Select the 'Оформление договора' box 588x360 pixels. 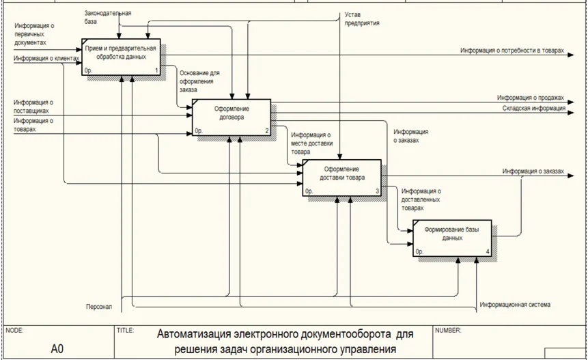tap(232, 116)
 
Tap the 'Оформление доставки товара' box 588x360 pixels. tap(343, 177)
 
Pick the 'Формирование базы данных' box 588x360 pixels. tap(451, 238)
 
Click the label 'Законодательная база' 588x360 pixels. tap(108, 17)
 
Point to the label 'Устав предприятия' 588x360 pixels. tap(361, 18)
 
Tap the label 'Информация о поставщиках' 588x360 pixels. tap(34, 107)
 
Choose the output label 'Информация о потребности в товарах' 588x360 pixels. tap(513, 51)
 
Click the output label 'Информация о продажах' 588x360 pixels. tap(531, 98)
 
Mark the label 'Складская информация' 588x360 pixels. tap(533, 108)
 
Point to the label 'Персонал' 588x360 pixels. tap(98, 307)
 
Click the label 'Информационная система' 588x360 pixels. tap(514, 305)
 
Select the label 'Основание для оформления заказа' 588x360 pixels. tap(199, 81)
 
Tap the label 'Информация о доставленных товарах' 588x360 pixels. tap(421, 199)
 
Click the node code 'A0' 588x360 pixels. tap(57, 348)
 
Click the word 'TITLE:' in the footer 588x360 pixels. tap(125, 331)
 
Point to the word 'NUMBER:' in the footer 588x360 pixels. tap(448, 331)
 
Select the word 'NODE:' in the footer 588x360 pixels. tap(14, 331)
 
